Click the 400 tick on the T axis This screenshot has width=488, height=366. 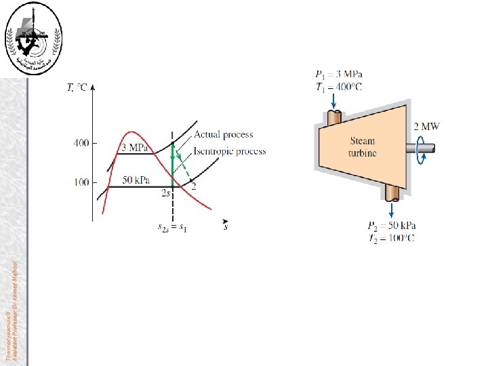pos(81,143)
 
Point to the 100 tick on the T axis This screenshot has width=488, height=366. pos(81,182)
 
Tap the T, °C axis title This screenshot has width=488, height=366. pos(77,88)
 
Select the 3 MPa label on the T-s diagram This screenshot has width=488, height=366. pos(135,148)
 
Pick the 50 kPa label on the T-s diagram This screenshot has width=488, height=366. pos(136,180)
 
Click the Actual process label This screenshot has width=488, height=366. pos(223,135)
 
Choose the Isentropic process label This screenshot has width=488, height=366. pos(230,151)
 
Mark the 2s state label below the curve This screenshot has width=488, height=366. pos(165,194)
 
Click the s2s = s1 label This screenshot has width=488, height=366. pos(174,228)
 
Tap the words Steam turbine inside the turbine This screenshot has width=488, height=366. pos(363,147)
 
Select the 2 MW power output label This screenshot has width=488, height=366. pos(426,126)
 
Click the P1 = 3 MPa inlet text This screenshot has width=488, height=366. pos(338,74)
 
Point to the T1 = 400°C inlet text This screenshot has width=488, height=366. pos(339,87)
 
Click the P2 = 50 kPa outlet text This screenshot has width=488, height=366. pos(392,226)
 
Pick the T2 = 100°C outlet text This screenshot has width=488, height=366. pos(392,238)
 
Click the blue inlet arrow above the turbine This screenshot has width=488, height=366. pos(334,100)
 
